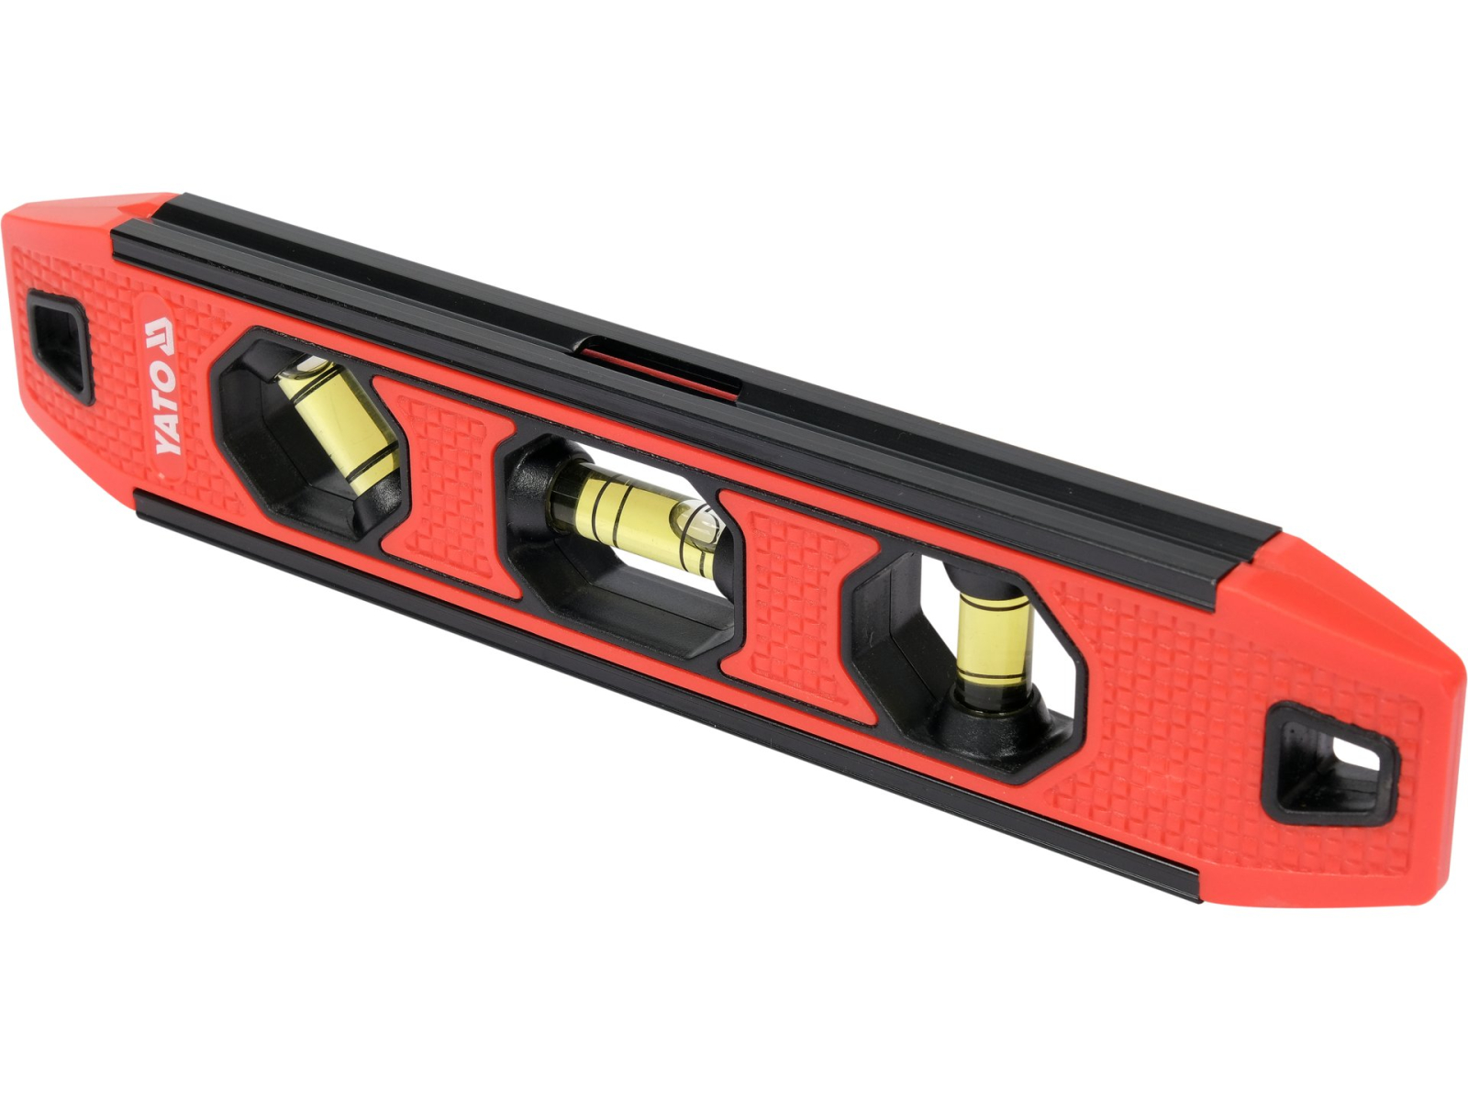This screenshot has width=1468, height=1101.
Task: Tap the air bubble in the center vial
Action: [x=700, y=521]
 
